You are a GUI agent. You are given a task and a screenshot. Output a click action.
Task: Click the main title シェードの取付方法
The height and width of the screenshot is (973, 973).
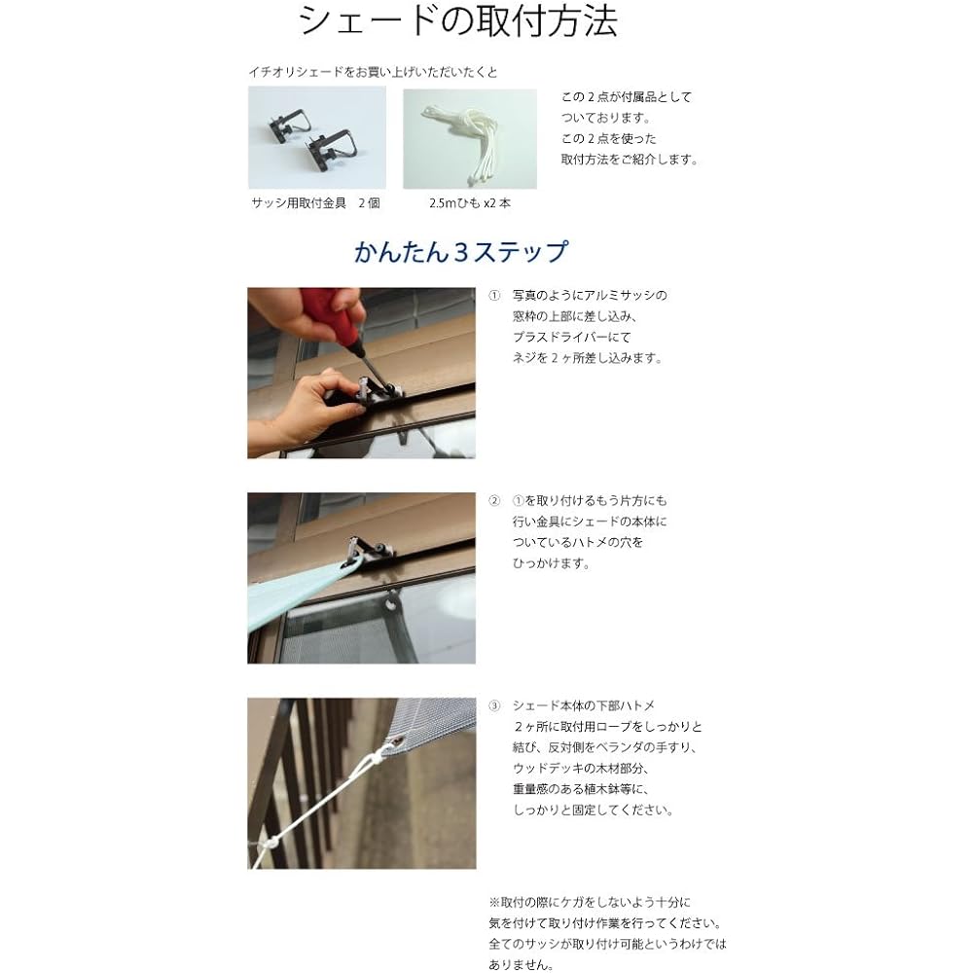(458, 21)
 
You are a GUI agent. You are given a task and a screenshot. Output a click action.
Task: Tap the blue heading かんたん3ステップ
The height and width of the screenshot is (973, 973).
(460, 252)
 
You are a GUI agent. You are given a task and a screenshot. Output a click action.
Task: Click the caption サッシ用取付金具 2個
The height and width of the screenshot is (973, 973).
(315, 203)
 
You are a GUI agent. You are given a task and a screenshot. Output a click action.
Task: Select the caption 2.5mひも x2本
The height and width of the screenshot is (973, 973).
(470, 203)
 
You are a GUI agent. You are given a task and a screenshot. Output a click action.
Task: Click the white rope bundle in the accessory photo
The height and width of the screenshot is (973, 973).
(470, 140)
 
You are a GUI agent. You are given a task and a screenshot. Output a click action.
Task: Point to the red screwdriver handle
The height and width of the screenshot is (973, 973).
(338, 314)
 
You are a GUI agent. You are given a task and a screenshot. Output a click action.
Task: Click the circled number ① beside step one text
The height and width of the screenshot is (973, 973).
(494, 296)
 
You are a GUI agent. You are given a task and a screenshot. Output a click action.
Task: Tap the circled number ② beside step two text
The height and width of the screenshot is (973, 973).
(494, 501)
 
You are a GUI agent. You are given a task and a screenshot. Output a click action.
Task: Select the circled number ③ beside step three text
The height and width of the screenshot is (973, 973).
(494, 705)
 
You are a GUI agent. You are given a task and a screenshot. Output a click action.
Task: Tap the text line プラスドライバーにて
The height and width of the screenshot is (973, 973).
(571, 337)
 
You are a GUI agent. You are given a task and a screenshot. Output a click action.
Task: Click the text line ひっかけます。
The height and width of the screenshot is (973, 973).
(551, 563)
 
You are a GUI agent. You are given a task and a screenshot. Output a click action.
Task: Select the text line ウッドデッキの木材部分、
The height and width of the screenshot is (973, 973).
(581, 769)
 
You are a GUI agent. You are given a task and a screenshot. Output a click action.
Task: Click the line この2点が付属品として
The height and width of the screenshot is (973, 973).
(626, 96)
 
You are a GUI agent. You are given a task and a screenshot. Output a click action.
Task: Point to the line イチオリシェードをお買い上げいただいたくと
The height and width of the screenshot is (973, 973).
(373, 72)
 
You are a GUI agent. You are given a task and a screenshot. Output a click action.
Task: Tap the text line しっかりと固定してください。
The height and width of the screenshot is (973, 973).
(594, 810)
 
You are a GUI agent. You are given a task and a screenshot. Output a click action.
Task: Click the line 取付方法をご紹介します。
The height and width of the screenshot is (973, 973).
(630, 160)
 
